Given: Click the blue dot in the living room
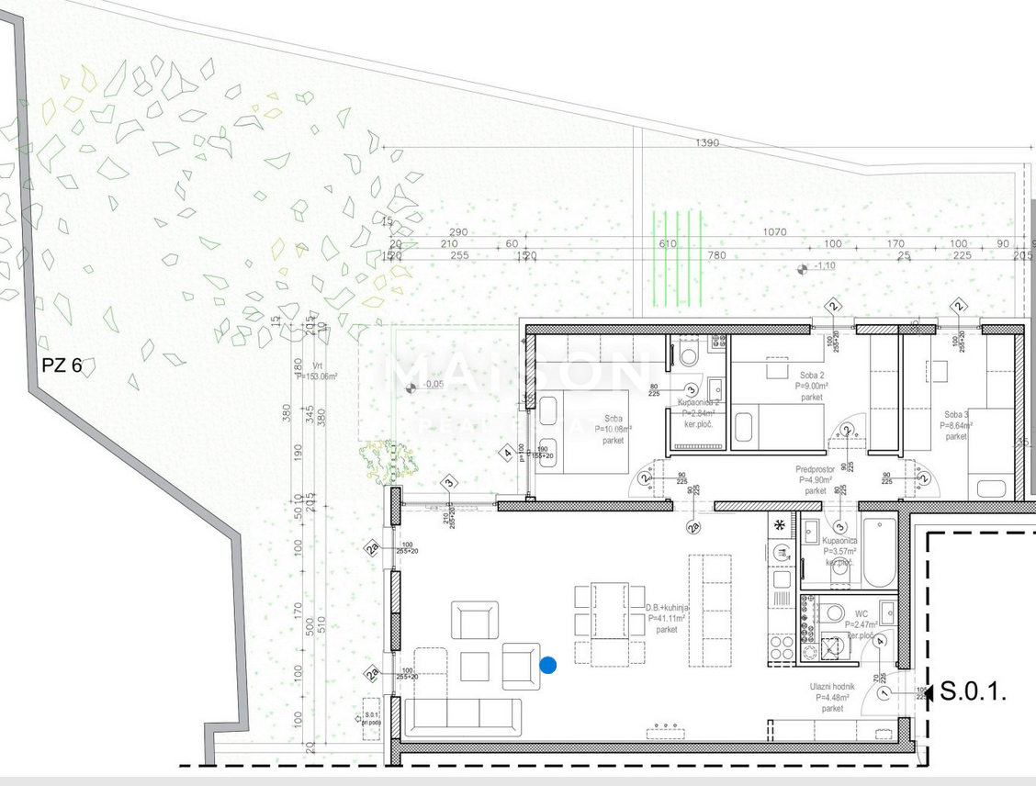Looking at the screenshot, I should pyautogui.click(x=548, y=665).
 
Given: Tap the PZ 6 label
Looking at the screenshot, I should pyautogui.click(x=62, y=365).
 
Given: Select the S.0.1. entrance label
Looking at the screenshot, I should pyautogui.click(x=974, y=692).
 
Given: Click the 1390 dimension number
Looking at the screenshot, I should pyautogui.click(x=707, y=143).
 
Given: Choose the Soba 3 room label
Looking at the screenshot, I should pyautogui.click(x=956, y=426).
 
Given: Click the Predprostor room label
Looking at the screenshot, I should pyautogui.click(x=815, y=479).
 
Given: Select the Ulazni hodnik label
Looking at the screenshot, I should pyautogui.click(x=832, y=698).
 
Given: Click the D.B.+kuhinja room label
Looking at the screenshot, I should pyautogui.click(x=667, y=619).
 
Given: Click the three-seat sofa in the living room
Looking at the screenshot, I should pyautogui.click(x=463, y=717).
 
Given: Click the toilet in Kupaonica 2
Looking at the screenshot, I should pyautogui.click(x=689, y=354).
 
